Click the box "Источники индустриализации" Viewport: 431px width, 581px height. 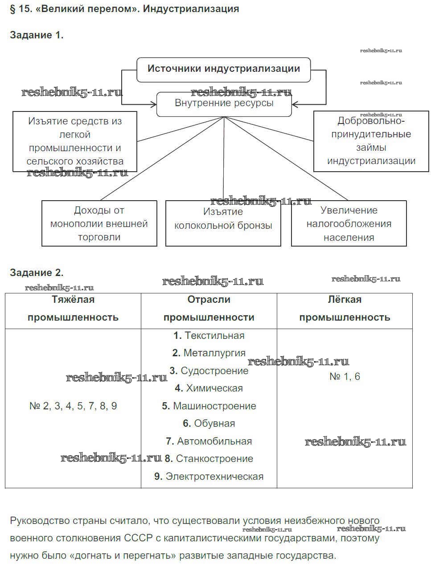point(223,69)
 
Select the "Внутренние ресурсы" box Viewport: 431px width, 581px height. point(224,104)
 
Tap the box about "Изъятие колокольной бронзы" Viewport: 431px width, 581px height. point(223,223)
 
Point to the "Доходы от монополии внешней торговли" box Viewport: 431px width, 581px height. point(99,223)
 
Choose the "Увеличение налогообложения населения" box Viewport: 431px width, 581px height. point(349,223)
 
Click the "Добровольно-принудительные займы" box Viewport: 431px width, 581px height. point(371,141)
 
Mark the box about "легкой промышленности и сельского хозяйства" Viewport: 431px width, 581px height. point(74,141)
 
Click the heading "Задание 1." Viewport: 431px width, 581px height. point(37,35)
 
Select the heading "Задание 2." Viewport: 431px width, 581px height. point(37,272)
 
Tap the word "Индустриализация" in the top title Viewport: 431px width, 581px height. point(191,9)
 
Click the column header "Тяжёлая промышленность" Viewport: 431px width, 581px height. point(73,309)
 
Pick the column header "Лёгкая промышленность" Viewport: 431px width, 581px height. point(345,309)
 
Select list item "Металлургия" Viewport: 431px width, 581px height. point(214,353)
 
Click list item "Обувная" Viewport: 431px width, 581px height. point(214,423)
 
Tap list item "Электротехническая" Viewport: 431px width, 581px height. point(214,476)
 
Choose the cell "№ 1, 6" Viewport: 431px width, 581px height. point(345,377)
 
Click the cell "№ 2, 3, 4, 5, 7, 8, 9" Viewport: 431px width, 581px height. point(73,406)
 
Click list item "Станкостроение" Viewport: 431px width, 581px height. point(214,458)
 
